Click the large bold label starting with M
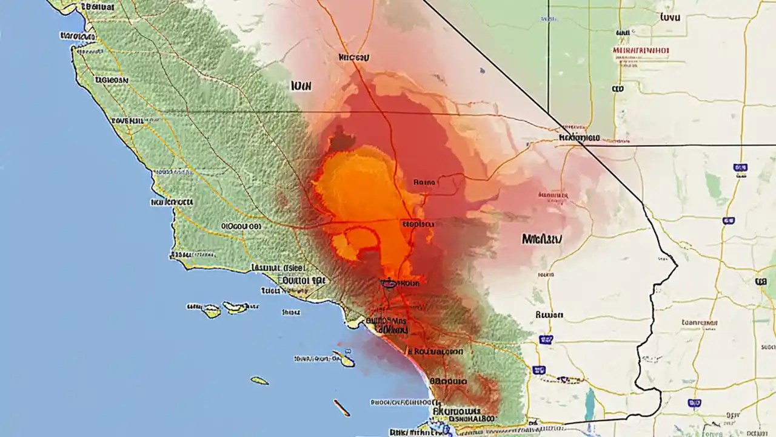pos(541,239)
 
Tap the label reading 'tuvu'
pos(669,18)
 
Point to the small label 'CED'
pos(618,89)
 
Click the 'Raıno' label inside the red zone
pos(424,181)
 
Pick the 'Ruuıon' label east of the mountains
pos(549,315)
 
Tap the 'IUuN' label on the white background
pos(301,86)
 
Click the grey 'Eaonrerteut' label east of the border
pos(699,322)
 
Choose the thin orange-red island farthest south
pos(341,407)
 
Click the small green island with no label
pos(260,381)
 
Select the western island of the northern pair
pos(211,311)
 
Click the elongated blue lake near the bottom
pos(589,404)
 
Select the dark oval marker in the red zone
pos(388,283)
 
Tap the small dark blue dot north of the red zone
pos(482,70)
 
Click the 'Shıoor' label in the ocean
pos(292,313)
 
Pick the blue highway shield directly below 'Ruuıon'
pos(546,340)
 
